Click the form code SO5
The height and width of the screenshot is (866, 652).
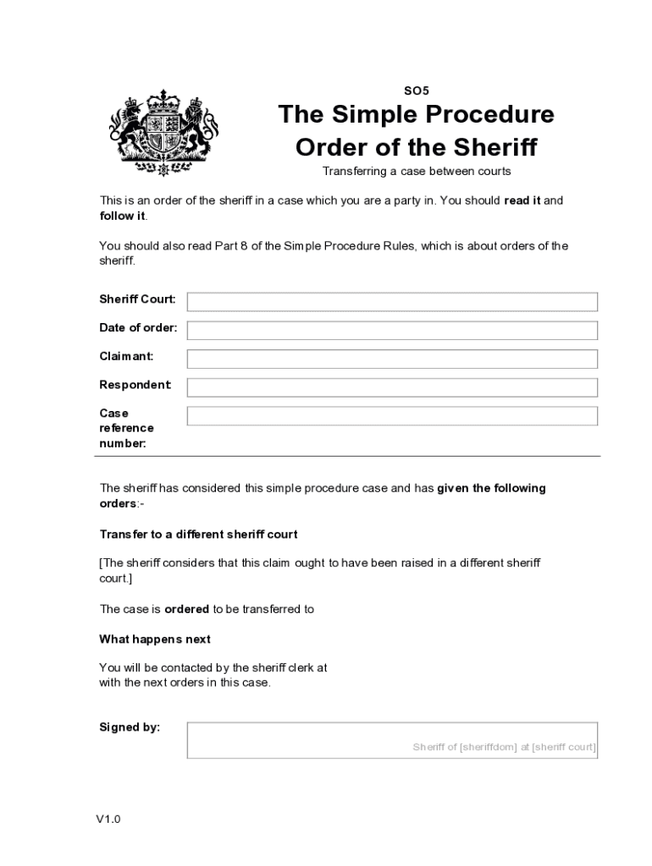pos(416,90)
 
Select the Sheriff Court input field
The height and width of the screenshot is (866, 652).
pos(392,302)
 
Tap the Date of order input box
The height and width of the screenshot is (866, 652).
pos(392,331)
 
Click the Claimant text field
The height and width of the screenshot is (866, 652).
pos(392,359)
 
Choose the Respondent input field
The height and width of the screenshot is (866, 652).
pos(392,387)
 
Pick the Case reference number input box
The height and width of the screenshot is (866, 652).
pos(392,416)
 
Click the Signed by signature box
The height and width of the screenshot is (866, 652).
pos(392,740)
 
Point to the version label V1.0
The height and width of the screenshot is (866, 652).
pos(108,819)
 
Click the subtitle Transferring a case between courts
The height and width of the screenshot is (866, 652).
pos(416,171)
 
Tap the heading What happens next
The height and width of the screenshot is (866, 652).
pos(155,639)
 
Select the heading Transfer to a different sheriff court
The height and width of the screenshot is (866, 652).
pos(198,534)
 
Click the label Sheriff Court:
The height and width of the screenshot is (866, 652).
pos(138,299)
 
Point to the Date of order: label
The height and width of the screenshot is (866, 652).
pos(139,328)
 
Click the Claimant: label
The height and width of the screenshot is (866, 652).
pos(127,356)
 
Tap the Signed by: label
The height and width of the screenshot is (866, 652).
pos(130,726)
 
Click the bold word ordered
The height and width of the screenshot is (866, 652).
pos(186,609)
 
